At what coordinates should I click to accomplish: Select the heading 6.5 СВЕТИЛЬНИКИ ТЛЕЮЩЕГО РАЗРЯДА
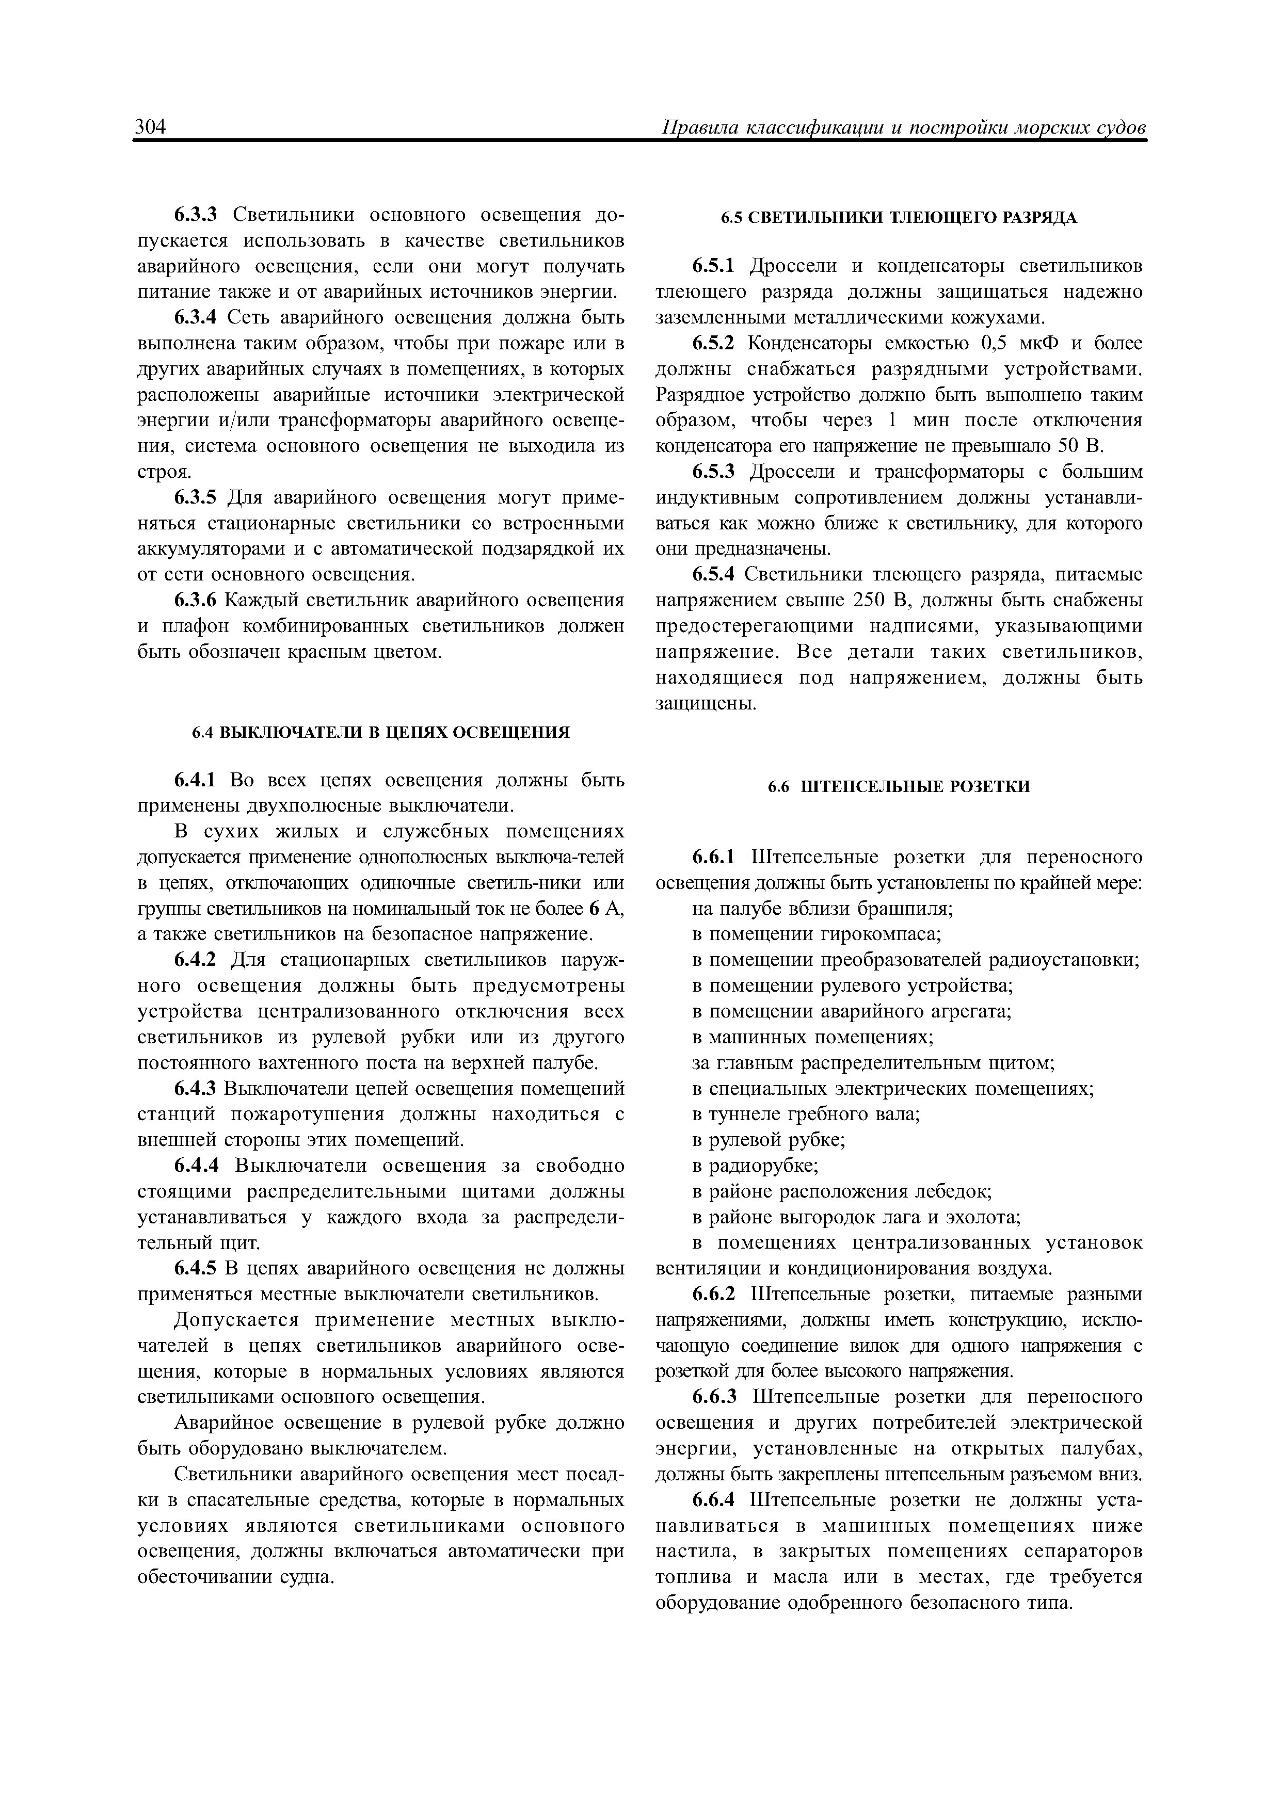pos(899,218)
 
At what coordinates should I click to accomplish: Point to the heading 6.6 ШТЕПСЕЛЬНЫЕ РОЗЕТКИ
pos(899,787)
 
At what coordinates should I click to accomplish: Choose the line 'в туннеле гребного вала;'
pos(806,1114)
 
